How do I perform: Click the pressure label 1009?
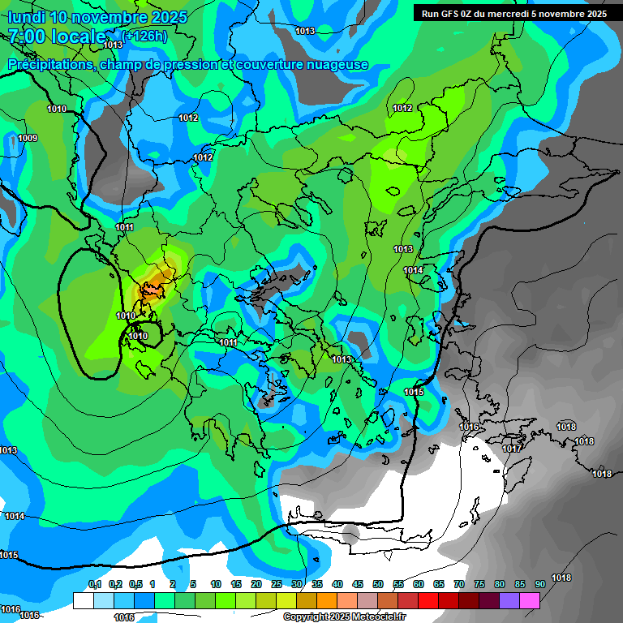tap(28, 138)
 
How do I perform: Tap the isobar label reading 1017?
tap(512, 449)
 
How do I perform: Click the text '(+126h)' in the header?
tap(145, 36)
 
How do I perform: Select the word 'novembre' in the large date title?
tap(121, 17)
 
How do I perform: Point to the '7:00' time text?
tap(26, 37)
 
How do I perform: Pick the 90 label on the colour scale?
tap(540, 584)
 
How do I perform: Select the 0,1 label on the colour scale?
tap(95, 584)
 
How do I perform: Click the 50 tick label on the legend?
tap(378, 584)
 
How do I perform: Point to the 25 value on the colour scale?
tap(277, 584)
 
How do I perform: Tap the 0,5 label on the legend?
tap(135, 584)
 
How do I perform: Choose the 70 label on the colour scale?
tap(459, 584)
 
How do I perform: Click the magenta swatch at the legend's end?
tap(530, 600)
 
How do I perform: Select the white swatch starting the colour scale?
tap(83, 600)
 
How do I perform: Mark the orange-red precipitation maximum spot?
tap(151, 288)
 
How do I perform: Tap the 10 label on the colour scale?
tap(216, 584)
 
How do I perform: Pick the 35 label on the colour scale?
tap(317, 584)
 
